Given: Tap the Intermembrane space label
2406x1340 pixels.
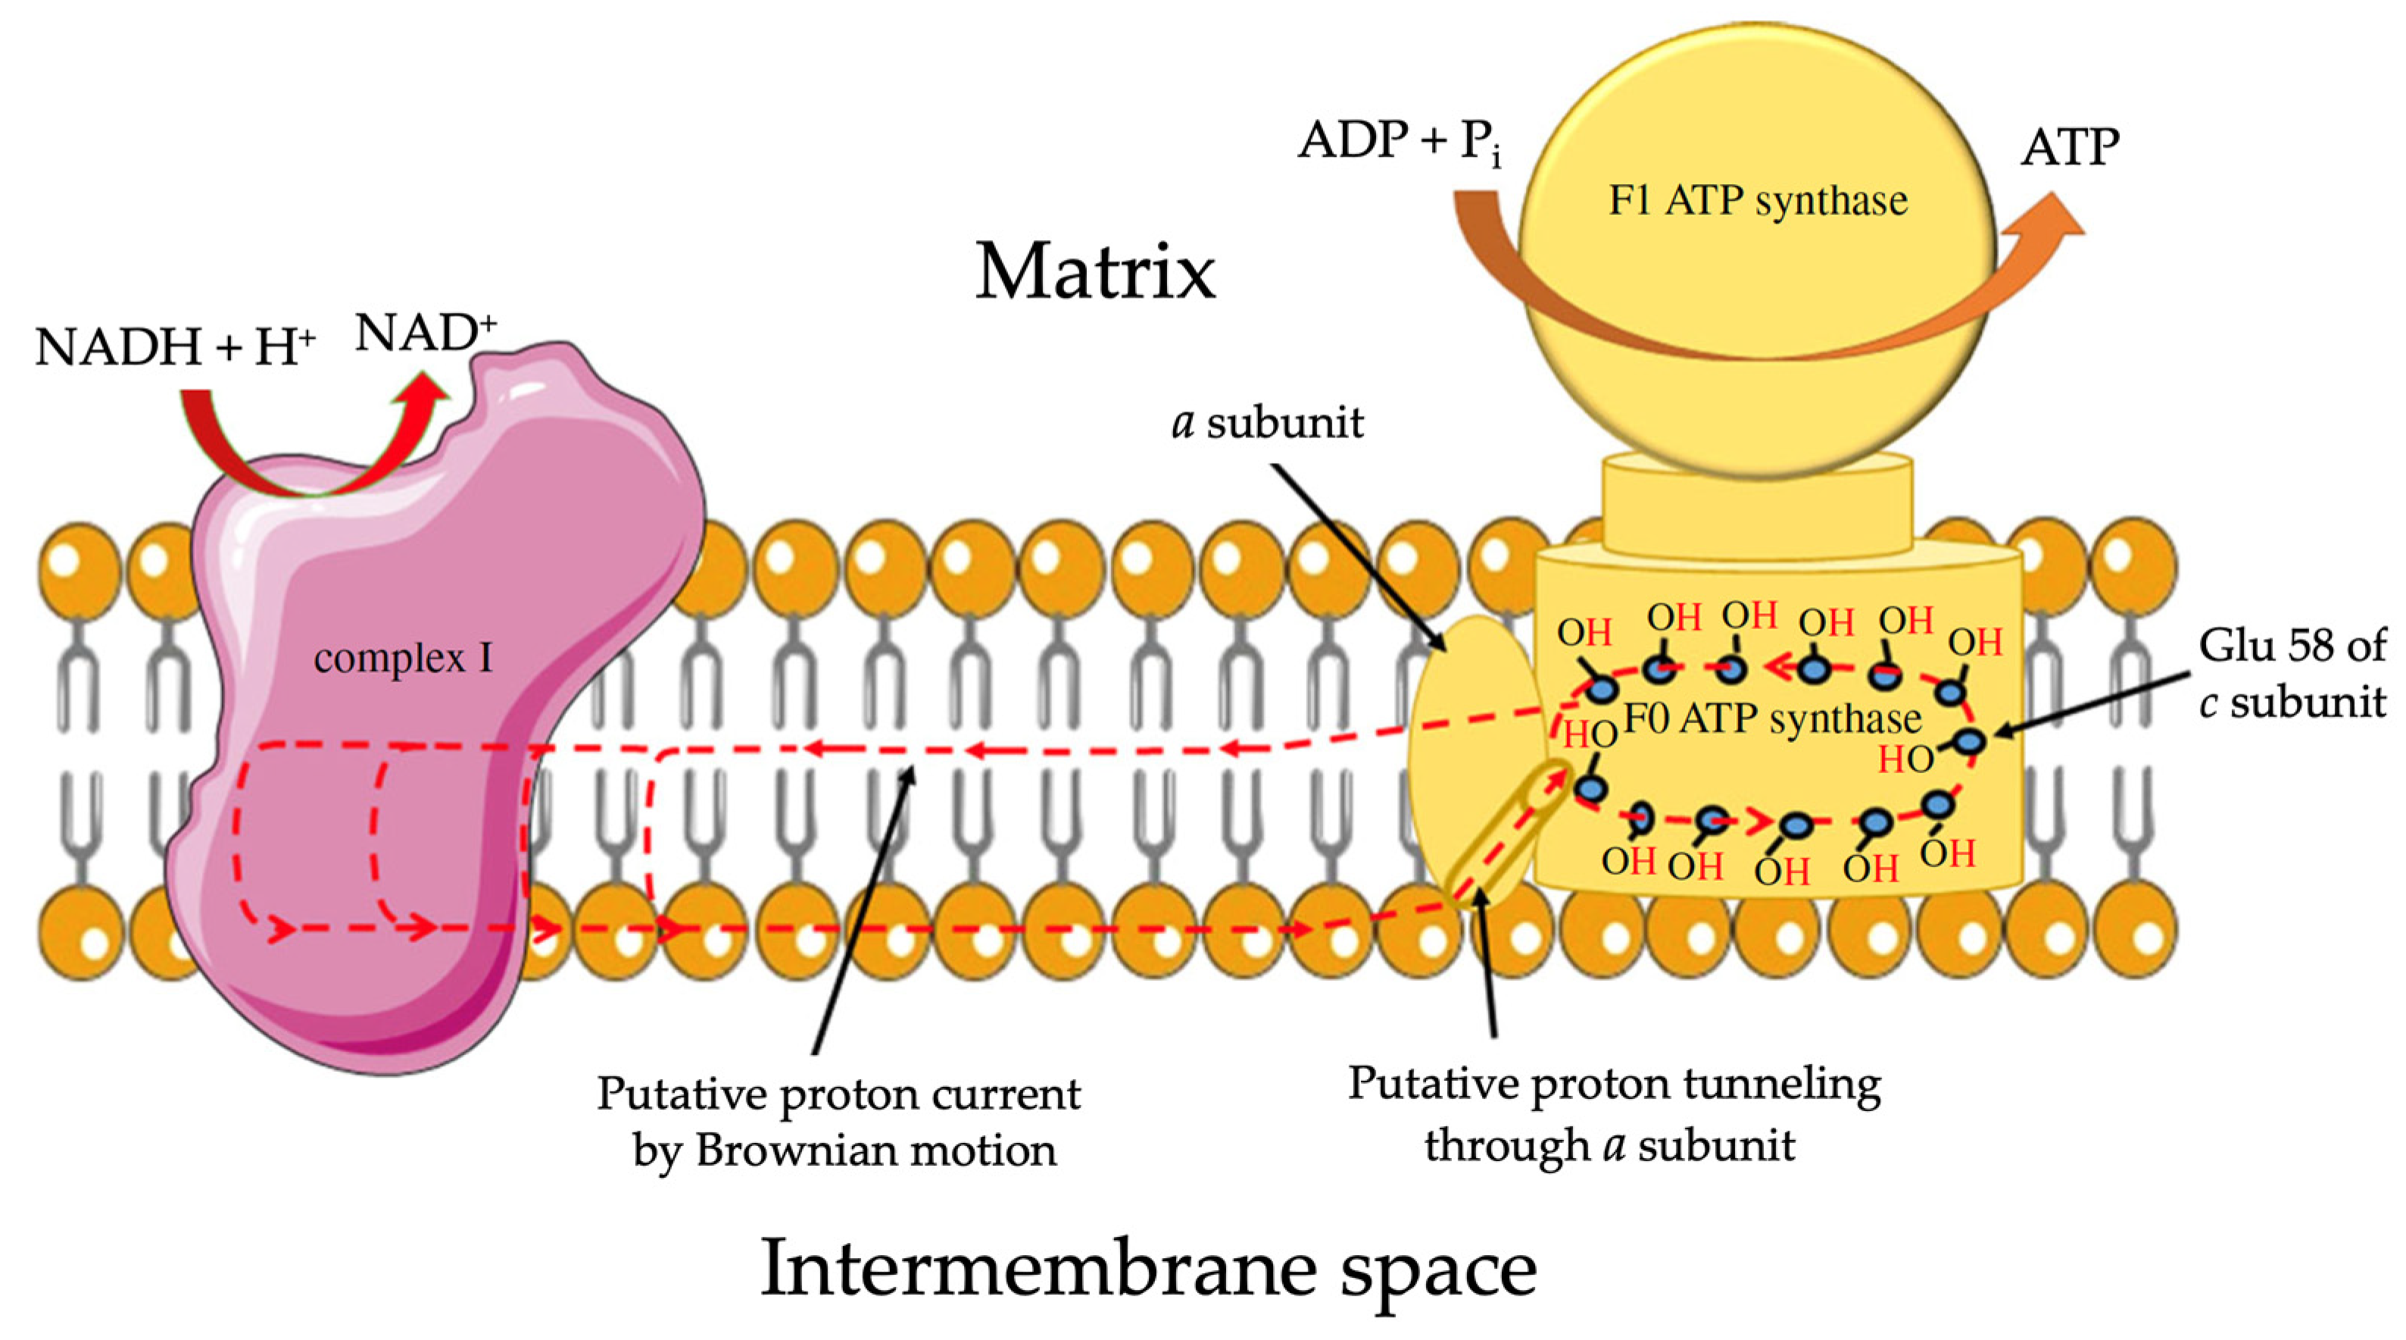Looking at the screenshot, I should point(1148,1270).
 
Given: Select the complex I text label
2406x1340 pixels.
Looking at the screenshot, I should point(403,659).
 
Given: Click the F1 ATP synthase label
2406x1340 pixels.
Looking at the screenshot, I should point(1757,201).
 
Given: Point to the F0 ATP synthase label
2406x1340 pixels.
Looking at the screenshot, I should point(1773,719).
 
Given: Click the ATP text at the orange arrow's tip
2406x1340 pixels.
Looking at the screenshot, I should point(2070,148).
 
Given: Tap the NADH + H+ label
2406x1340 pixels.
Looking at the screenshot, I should point(175,346).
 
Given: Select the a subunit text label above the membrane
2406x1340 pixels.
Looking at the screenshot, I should point(1268,424).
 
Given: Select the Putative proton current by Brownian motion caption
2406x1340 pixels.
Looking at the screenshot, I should point(839,1121).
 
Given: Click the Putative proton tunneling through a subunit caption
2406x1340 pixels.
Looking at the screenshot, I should point(1614,1114).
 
